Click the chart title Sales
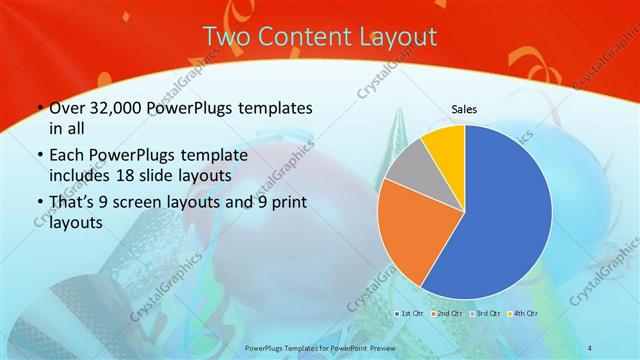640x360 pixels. [463, 109]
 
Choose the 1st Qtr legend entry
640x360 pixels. [410, 314]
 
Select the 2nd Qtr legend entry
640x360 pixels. [446, 314]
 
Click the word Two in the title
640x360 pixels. [228, 37]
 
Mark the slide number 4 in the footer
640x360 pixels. [590, 349]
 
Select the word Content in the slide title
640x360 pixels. [303, 37]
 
